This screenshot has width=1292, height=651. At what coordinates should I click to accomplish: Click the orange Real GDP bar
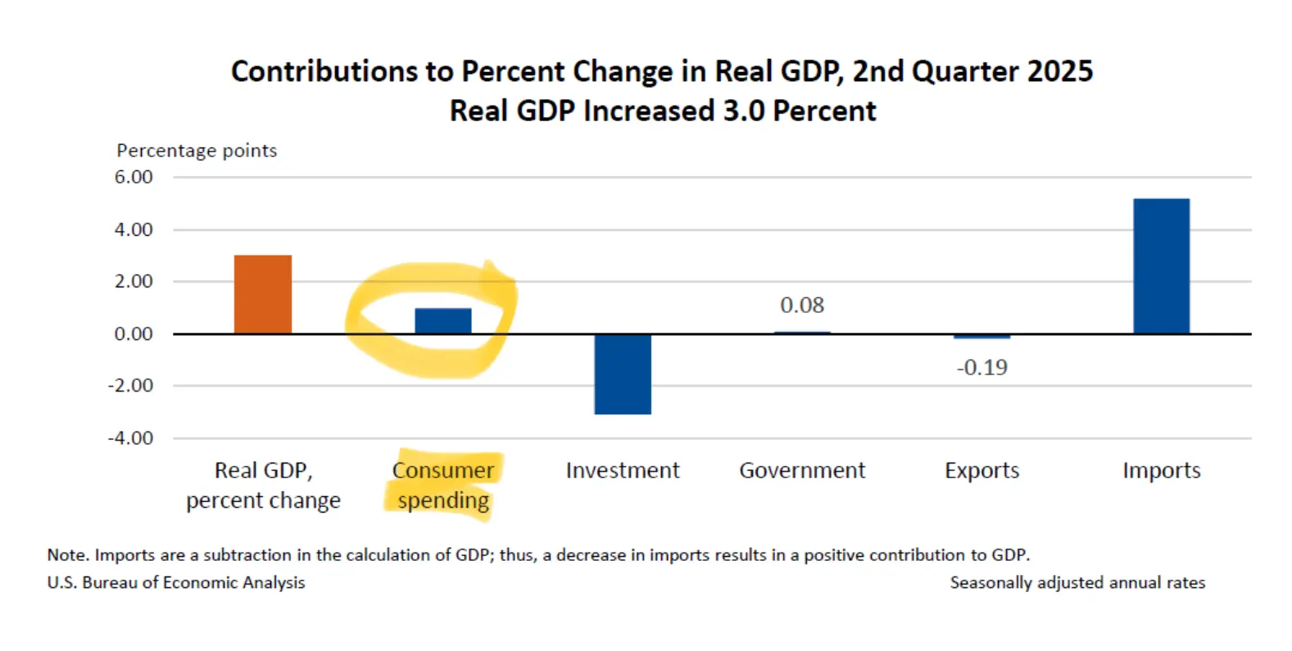pyautogui.click(x=262, y=295)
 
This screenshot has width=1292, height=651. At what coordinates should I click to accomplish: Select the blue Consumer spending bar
pyautogui.click(x=442, y=321)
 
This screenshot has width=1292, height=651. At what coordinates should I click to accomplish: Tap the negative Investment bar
pyautogui.click(x=623, y=373)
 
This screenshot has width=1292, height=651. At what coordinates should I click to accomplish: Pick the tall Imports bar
pyautogui.click(x=1161, y=266)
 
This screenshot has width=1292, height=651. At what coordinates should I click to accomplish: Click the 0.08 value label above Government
pyautogui.click(x=802, y=305)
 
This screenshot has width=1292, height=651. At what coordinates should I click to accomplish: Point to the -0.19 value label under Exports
pyautogui.click(x=981, y=368)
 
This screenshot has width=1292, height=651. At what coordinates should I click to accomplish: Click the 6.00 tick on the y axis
pyautogui.click(x=134, y=177)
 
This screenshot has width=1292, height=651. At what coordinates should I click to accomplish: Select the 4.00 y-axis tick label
pyautogui.click(x=134, y=230)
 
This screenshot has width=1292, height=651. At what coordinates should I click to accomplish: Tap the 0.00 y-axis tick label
pyautogui.click(x=134, y=334)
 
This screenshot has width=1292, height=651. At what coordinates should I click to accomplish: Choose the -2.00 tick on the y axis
pyautogui.click(x=131, y=386)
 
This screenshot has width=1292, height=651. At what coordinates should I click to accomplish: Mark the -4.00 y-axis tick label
pyautogui.click(x=131, y=438)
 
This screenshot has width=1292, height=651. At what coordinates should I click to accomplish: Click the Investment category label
pyautogui.click(x=623, y=471)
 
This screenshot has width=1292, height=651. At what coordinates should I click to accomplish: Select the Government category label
pyautogui.click(x=802, y=471)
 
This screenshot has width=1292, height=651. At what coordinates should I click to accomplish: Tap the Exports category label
pyautogui.click(x=981, y=471)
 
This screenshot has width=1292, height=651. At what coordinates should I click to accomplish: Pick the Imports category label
pyautogui.click(x=1161, y=471)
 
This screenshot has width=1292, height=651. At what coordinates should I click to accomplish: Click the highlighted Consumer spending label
pyautogui.click(x=443, y=486)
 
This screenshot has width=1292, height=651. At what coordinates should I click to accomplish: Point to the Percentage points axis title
pyautogui.click(x=197, y=151)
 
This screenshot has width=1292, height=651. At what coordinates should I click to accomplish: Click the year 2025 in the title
pyautogui.click(x=1059, y=71)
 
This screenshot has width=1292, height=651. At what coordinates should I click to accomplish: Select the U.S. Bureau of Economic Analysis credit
pyautogui.click(x=176, y=582)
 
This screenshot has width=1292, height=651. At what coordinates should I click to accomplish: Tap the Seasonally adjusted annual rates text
pyautogui.click(x=1077, y=582)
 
